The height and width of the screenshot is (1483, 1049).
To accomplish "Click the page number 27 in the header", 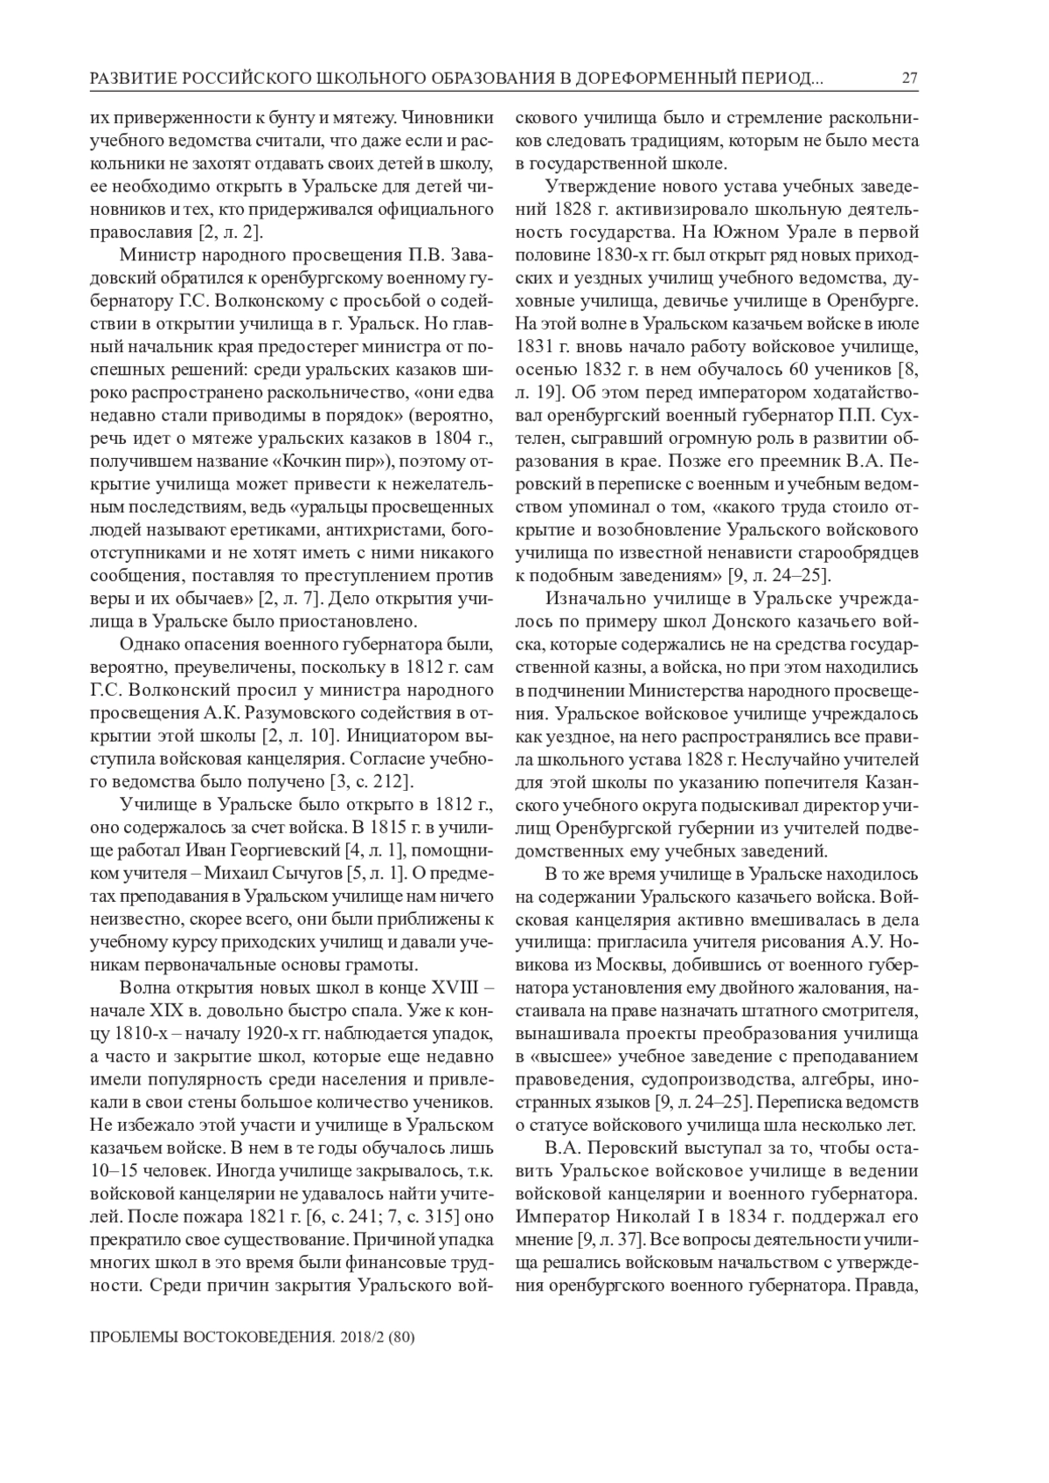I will [909, 80].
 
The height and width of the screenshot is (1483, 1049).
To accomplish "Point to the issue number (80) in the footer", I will [399, 1338].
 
